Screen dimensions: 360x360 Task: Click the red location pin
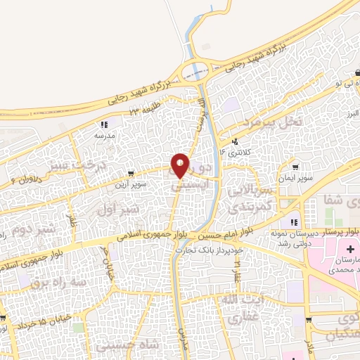click(180, 165)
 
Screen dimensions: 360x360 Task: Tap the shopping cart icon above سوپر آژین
click(131, 173)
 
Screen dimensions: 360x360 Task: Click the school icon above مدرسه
click(104, 124)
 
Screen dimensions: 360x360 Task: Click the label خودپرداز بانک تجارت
click(210, 250)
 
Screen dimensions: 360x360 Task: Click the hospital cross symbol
click(350, 251)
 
